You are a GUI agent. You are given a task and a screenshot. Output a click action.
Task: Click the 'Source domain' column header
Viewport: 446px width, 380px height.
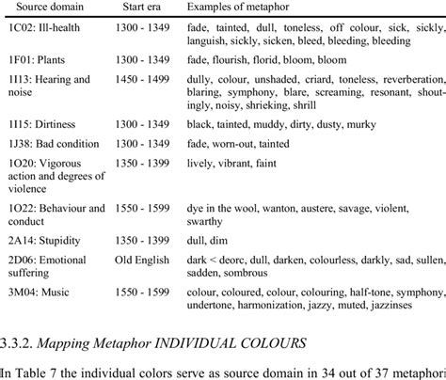tap(44, 8)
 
